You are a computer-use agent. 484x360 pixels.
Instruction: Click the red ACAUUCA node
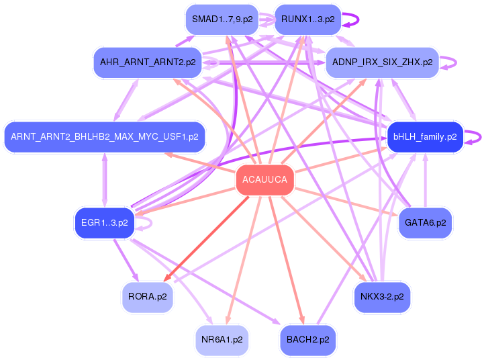click(x=264, y=180)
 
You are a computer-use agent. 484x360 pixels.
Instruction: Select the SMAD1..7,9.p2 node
click(x=222, y=19)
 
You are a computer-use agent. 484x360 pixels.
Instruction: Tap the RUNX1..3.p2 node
click(x=307, y=19)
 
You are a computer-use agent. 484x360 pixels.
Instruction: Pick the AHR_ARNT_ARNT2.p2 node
click(x=148, y=62)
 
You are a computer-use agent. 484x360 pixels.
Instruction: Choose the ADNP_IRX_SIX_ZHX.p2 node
click(x=382, y=62)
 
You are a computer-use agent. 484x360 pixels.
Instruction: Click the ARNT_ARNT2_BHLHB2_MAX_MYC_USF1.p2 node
click(x=104, y=136)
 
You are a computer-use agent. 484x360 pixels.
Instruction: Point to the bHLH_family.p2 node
click(x=425, y=136)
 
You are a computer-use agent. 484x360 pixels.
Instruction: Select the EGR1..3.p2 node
click(x=104, y=222)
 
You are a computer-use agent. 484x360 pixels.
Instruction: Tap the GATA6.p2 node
click(x=425, y=222)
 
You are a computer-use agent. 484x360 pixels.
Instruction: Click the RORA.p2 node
click(x=148, y=296)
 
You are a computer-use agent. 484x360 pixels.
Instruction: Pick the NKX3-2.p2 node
click(x=382, y=296)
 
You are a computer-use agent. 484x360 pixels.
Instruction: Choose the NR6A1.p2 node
click(x=222, y=339)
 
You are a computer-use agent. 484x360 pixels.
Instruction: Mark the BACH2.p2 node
click(x=307, y=339)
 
